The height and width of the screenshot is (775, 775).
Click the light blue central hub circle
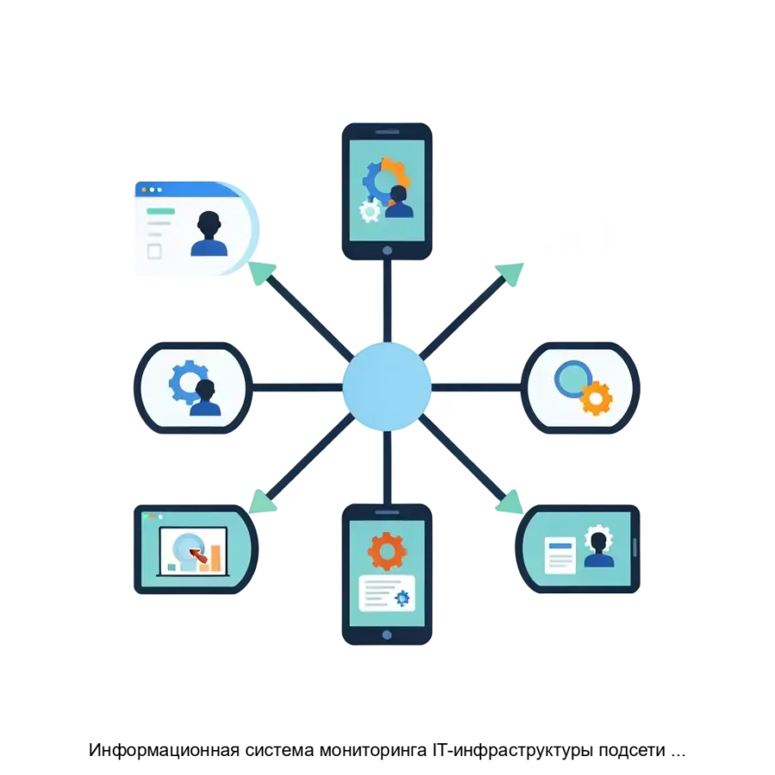pyautogui.click(x=387, y=387)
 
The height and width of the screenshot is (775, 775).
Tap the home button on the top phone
pyautogui.click(x=387, y=251)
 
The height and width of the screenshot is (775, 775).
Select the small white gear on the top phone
pyautogui.click(x=370, y=210)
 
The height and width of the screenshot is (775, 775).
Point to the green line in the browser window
pyautogui.click(x=159, y=210)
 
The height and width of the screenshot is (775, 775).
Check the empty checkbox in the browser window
pyautogui.click(x=155, y=251)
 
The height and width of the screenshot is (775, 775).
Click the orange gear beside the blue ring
pyautogui.click(x=596, y=398)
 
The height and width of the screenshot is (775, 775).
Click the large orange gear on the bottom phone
pyautogui.click(x=386, y=549)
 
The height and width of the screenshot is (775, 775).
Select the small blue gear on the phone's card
pyautogui.click(x=401, y=598)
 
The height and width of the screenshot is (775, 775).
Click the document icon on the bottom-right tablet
pyautogui.click(x=560, y=555)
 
